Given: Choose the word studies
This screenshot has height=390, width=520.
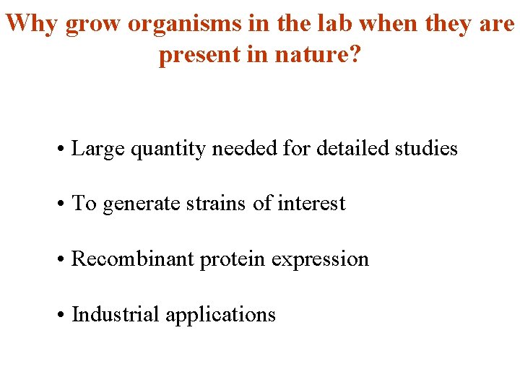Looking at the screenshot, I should click(x=425, y=149).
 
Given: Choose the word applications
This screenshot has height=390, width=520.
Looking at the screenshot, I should click(x=220, y=314).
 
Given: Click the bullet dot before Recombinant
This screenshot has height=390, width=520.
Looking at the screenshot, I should click(x=64, y=259).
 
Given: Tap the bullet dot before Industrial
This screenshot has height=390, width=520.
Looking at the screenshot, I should click(x=64, y=315).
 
